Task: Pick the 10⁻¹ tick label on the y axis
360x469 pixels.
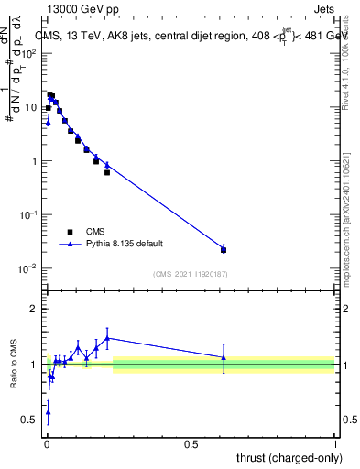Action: pyautogui.click(x=28, y=214)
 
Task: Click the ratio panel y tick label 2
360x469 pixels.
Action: pyautogui.click(x=34, y=309)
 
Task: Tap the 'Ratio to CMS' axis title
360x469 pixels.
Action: pyautogui.click(x=14, y=364)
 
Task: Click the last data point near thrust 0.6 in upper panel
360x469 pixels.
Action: pyautogui.click(x=224, y=249)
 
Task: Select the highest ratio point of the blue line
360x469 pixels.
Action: pyautogui.click(x=107, y=337)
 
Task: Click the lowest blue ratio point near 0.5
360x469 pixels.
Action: pyautogui.click(x=48, y=412)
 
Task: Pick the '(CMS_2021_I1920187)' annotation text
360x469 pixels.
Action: pyautogui.click(x=190, y=274)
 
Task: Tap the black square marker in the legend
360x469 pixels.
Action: pyautogui.click(x=70, y=232)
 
